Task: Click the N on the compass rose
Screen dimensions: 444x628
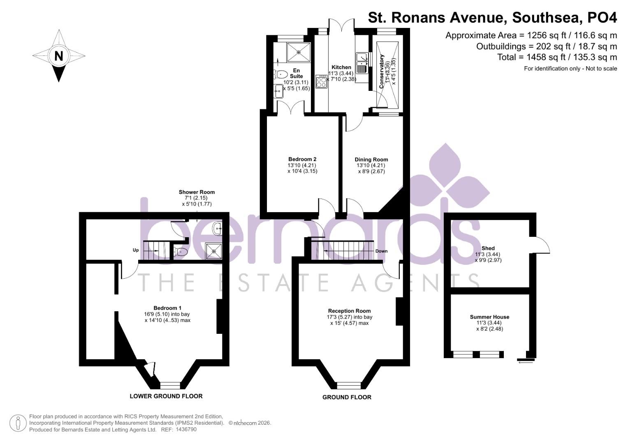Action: tap(59, 56)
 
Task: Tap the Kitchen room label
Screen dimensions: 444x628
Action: tap(341, 67)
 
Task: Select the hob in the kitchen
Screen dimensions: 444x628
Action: tap(321, 82)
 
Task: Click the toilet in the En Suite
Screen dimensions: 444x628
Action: tap(281, 74)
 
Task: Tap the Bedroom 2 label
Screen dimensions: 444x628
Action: tap(302, 160)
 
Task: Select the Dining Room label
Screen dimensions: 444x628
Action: tap(371, 160)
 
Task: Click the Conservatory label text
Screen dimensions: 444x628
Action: tap(382, 72)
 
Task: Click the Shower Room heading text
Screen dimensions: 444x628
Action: tap(197, 192)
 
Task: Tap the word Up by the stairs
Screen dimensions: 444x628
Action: tap(135, 250)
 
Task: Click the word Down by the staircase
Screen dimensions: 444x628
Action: tap(381, 251)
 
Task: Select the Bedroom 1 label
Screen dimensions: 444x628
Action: tap(167, 308)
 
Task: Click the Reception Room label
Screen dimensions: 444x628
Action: tap(349, 311)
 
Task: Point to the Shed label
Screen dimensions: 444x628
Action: tap(488, 248)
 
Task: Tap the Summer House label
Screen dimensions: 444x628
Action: tap(489, 317)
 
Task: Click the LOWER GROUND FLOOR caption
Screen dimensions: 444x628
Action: tap(166, 396)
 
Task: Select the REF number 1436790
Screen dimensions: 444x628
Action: tap(186, 430)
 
